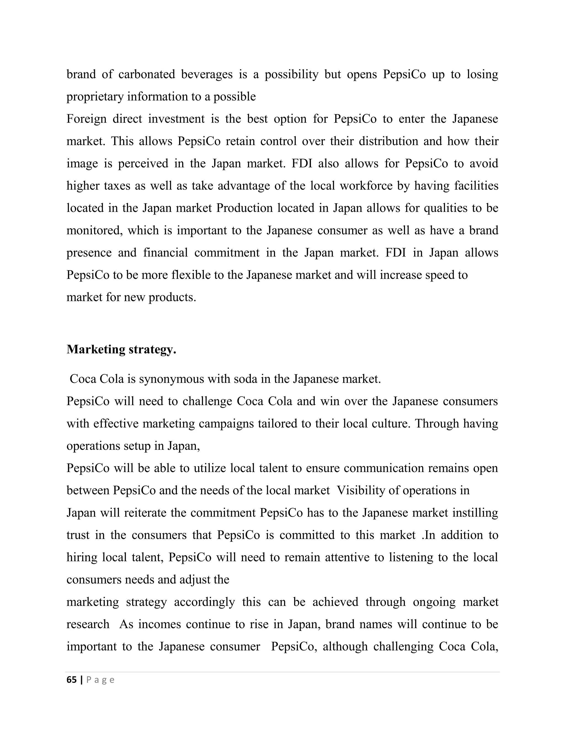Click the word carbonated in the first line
click(146, 74)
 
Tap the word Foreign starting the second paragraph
click(86, 119)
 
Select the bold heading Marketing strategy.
click(121, 350)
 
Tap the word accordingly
click(204, 602)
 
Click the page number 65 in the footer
click(71, 680)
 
